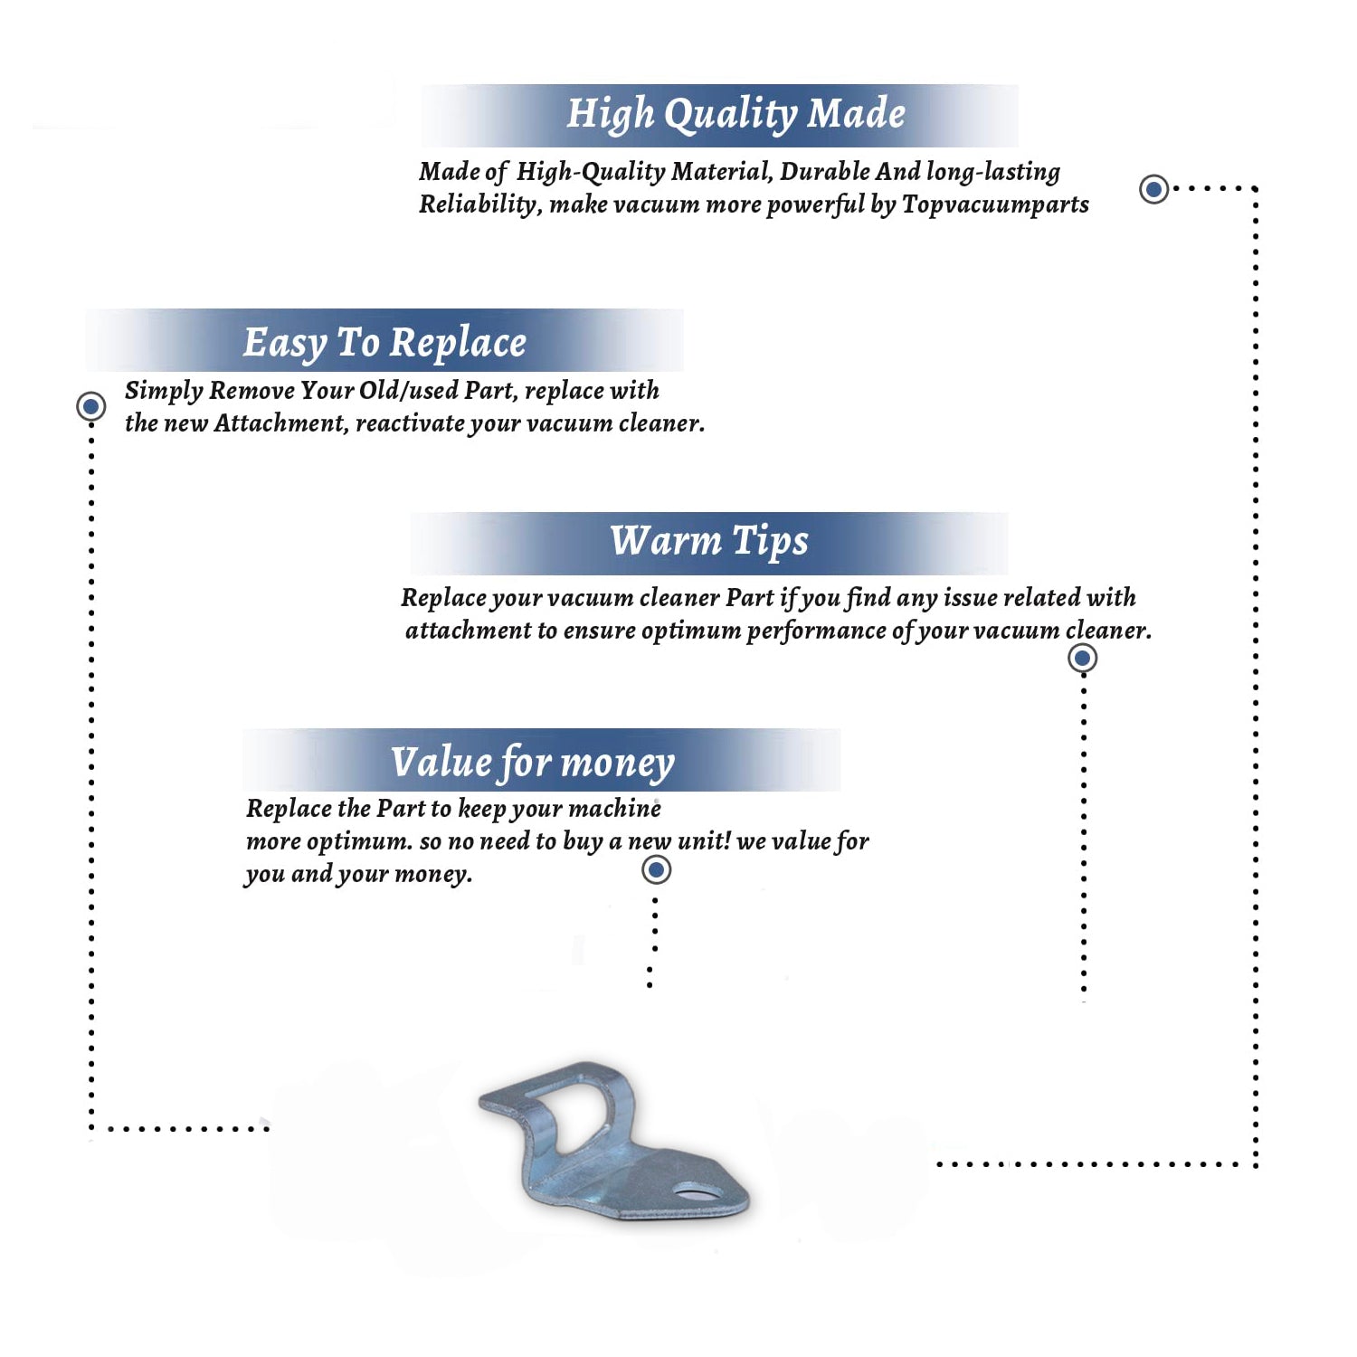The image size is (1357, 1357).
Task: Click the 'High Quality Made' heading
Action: point(735,115)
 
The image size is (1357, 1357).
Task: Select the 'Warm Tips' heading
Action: point(709,542)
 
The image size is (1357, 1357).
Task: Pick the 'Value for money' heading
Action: point(533,763)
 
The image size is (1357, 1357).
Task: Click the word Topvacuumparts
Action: point(995,205)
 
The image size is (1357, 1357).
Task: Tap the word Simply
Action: point(164,392)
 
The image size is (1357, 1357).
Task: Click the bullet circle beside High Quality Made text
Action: point(1153,189)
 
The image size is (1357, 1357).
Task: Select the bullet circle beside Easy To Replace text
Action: point(90,406)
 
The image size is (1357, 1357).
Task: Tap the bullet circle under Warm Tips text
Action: point(1083,658)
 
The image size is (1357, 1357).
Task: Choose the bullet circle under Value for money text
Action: point(656,870)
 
